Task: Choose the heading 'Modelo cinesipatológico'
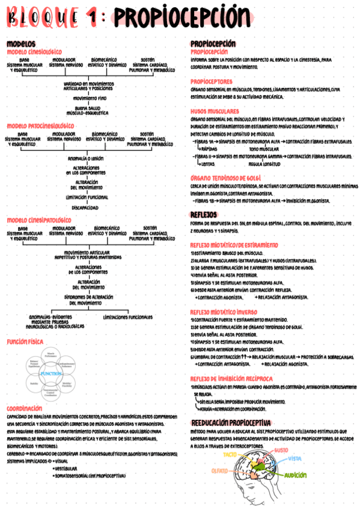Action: click(x=38, y=220)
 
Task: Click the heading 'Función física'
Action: click(x=25, y=342)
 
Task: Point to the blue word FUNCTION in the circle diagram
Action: click(x=52, y=373)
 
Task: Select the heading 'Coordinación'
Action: click(x=25, y=408)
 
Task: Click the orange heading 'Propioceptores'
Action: click(x=211, y=82)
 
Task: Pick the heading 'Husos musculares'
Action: click(x=215, y=112)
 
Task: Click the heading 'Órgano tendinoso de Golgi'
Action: click(x=225, y=179)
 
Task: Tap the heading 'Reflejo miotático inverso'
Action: click(x=224, y=312)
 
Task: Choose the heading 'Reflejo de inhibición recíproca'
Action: click(x=231, y=378)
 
